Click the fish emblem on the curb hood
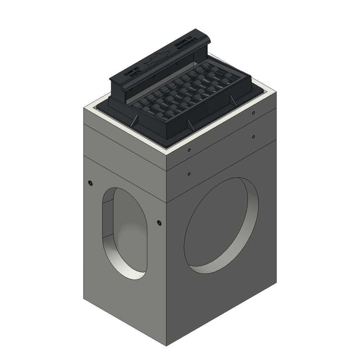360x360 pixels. tap(158, 58)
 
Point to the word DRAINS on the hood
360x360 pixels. tap(182, 41)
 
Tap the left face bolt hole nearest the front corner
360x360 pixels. tap(159, 222)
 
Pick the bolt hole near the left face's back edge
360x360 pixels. tap(90, 182)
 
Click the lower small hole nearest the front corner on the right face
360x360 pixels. tap(189, 174)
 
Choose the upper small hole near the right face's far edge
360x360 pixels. tap(253, 113)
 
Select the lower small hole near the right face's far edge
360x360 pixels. tap(253, 136)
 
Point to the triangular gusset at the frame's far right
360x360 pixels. tap(232, 100)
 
